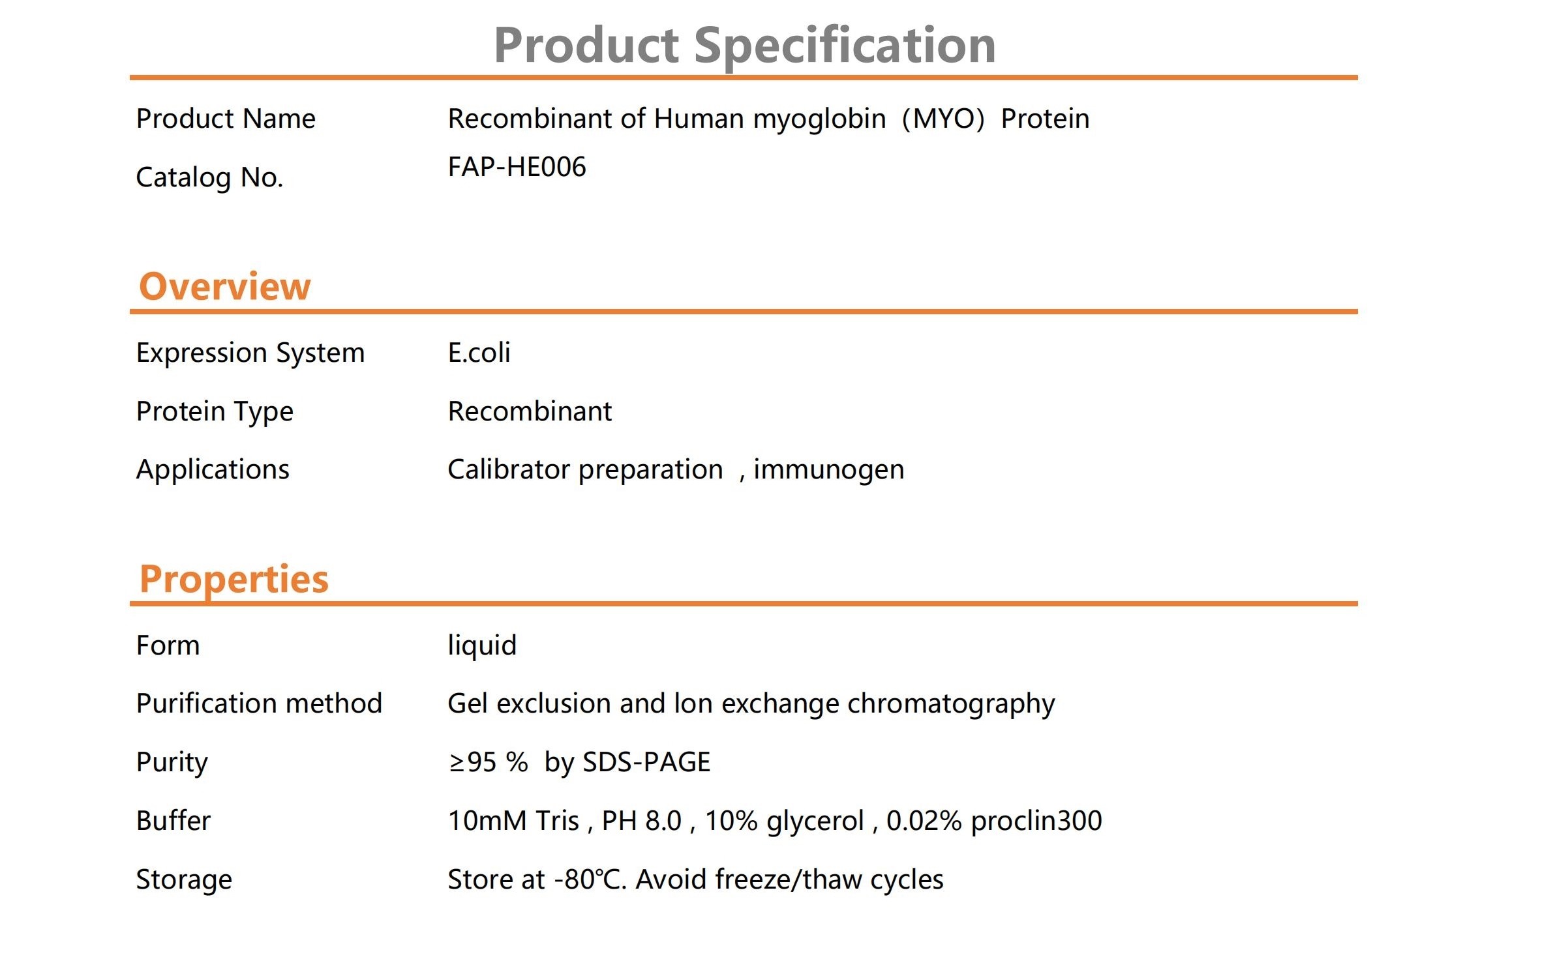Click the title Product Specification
[x=744, y=46]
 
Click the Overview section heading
[x=225, y=286]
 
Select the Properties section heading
[x=234, y=580]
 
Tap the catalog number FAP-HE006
[x=517, y=167]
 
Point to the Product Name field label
[x=226, y=119]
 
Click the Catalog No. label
[x=209, y=177]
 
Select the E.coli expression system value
[x=479, y=353]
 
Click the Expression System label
[x=250, y=353]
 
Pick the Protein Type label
[x=215, y=412]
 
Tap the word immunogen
[x=828, y=470]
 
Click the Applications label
[x=213, y=470]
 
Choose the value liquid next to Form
[x=482, y=646]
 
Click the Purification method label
[x=259, y=704]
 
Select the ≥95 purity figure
[x=473, y=762]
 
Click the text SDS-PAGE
[x=646, y=762]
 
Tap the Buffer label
[x=173, y=821]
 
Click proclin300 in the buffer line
[x=1036, y=821]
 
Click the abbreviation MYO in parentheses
[x=943, y=119]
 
